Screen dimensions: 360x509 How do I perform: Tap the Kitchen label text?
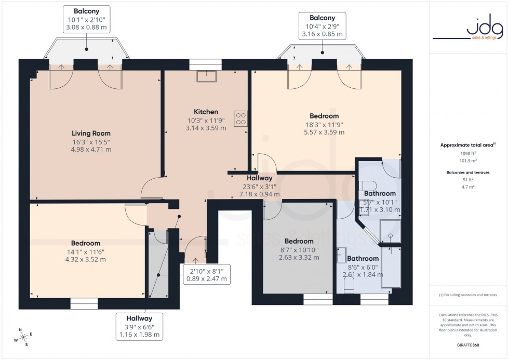click(206, 112)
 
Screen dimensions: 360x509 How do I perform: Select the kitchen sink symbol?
click(206, 77)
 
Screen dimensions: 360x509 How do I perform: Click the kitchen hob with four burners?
click(240, 119)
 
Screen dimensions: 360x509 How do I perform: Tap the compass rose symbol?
click(20, 337)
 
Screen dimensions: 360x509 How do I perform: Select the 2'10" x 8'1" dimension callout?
click(206, 274)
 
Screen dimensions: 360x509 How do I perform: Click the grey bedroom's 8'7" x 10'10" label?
click(299, 249)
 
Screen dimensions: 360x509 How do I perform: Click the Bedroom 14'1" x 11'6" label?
click(86, 251)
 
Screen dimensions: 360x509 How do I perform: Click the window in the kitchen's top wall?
click(206, 64)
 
